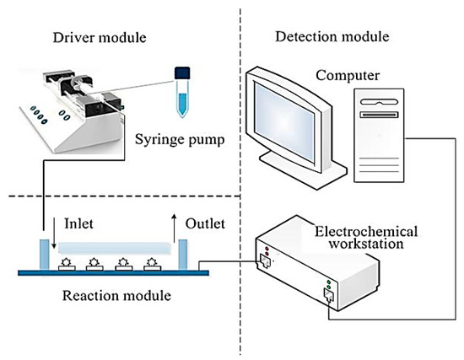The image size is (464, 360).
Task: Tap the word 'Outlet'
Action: click(206, 226)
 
